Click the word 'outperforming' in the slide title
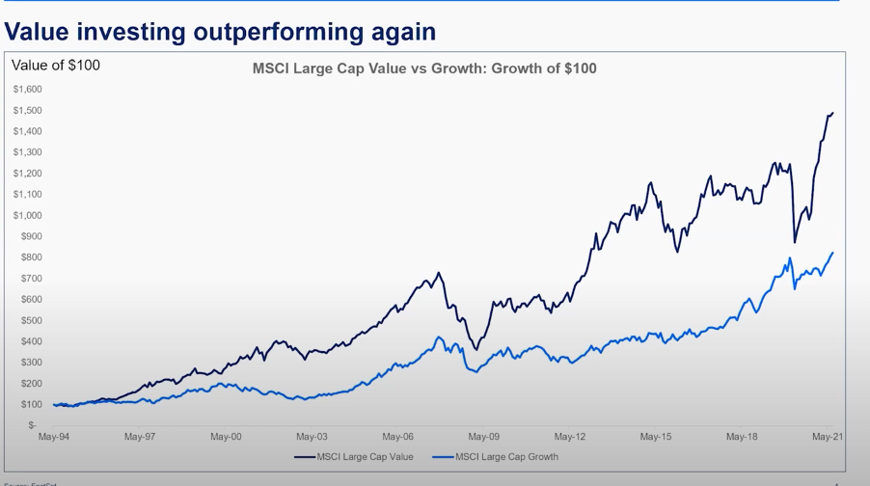279,32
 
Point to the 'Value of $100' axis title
56,66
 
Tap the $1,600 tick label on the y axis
27,89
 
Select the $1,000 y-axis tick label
27,215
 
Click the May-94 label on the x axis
53,437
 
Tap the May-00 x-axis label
226,437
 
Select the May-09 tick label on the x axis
483,437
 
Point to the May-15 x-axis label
656,437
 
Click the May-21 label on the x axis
828,437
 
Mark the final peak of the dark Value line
832,113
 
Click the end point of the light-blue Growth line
832,253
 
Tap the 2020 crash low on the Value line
795,242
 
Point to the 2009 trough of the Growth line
474,371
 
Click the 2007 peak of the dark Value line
438,273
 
